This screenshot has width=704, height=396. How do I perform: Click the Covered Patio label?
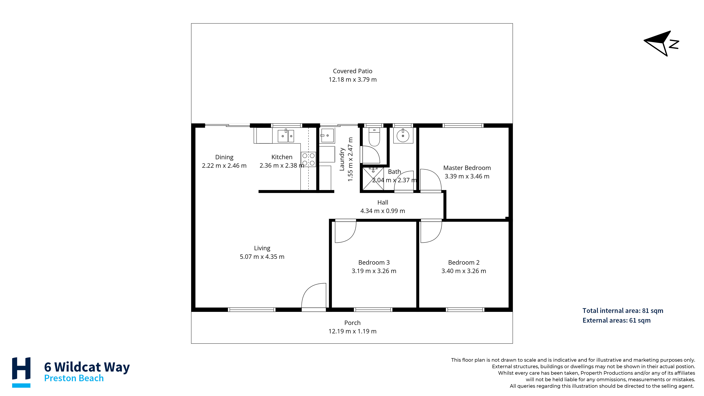[x=353, y=71]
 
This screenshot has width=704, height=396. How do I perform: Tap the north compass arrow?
[x=661, y=43]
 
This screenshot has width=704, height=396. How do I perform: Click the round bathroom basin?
[x=403, y=136]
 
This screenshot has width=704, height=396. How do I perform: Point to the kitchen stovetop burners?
[x=309, y=159]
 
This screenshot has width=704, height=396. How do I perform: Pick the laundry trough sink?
[x=327, y=136]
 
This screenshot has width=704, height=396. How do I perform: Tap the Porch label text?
[x=353, y=323]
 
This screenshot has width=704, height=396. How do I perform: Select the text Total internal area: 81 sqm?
[x=623, y=311]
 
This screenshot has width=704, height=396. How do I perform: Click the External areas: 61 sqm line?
[x=617, y=320]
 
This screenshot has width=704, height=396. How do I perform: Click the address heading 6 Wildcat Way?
[x=87, y=367]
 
